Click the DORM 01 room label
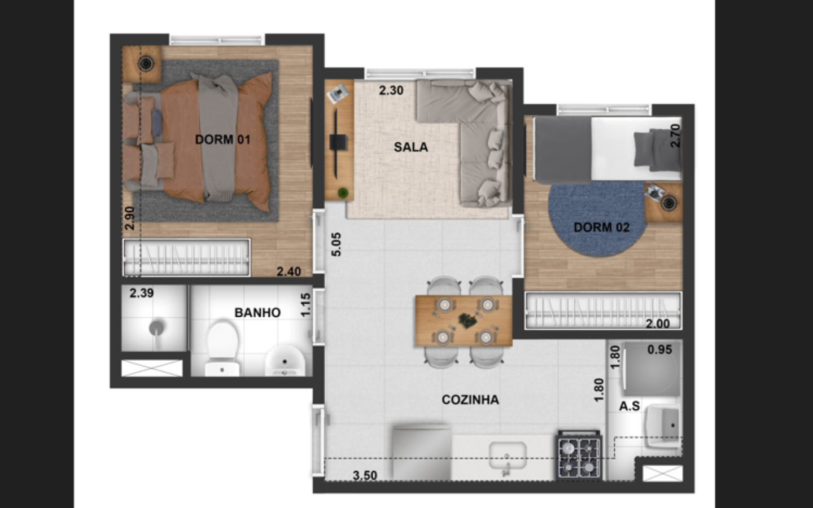coord(223,140)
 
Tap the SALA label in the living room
coord(411,147)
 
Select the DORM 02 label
coord(601,227)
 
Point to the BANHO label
coord(257,313)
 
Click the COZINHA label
coord(470,400)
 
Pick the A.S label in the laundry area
coord(629,406)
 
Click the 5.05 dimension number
coord(336,244)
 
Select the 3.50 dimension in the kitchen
coord(365,475)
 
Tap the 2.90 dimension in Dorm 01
coord(130,218)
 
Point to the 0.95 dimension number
coord(659,349)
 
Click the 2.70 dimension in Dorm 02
coord(675,135)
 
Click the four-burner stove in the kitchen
coord(580,455)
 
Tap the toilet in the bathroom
coord(222,348)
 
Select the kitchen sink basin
coord(508,456)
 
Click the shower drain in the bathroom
coord(156,327)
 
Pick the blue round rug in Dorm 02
coord(597,220)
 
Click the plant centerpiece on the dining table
coord(467,321)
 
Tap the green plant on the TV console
coord(343,192)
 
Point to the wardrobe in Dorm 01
coord(186,257)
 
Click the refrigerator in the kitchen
coord(422,453)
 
